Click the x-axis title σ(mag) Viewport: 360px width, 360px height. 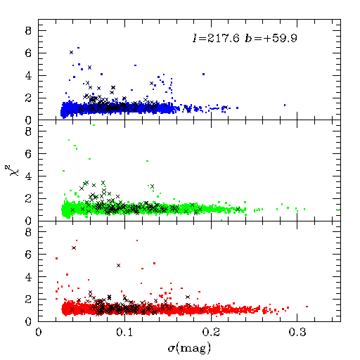tap(189, 348)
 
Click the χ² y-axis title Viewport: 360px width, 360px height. tap(9, 170)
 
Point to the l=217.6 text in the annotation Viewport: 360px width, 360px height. tap(216, 38)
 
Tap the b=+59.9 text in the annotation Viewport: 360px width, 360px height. tap(271, 38)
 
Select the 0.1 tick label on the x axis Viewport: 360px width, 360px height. tap(124, 333)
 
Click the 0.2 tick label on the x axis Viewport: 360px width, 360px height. tap(211, 333)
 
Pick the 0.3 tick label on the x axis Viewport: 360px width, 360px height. tap(297, 333)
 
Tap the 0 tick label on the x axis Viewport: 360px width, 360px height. tap(39, 333)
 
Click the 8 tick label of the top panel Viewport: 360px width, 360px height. tap(28, 31)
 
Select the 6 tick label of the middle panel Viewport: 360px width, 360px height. tap(28, 154)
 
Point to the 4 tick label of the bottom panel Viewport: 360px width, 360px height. tap(28, 277)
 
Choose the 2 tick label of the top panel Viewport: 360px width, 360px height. tap(28, 98)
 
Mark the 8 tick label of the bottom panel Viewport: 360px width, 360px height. tap(28, 232)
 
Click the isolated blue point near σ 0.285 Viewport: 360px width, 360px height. tap(285, 105)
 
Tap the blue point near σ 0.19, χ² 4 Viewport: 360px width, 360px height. tap(203, 74)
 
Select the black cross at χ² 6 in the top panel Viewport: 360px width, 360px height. tap(71, 52)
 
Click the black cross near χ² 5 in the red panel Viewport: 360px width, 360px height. tap(118, 265)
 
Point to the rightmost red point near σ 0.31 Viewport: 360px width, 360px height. tap(307, 307)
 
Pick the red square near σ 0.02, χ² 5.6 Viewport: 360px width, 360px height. tap(56, 258)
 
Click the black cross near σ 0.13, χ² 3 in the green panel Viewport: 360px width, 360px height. tap(152, 186)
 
